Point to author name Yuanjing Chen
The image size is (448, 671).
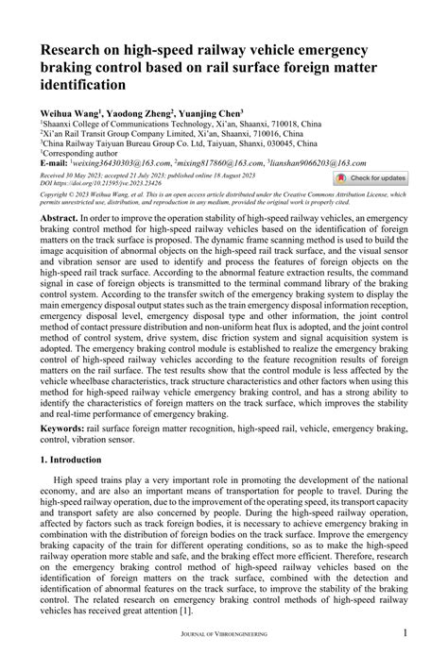[x=216, y=109]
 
